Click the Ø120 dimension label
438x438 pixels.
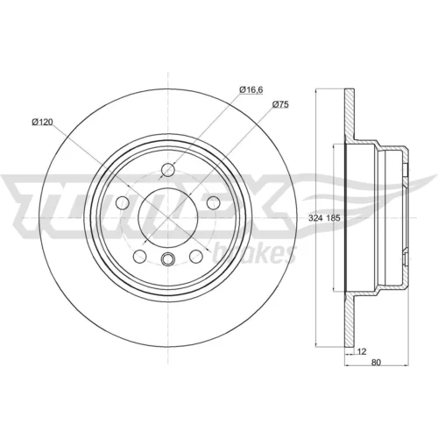42,122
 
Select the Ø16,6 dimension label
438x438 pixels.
251,89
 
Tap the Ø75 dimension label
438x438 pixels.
280,104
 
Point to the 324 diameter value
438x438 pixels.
315,218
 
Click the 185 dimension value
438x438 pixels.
333,218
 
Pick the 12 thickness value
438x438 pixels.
362,351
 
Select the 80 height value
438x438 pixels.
376,363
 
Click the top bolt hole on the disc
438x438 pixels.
168,170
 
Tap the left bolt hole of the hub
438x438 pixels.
123,203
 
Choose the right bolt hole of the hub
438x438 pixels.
214,203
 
